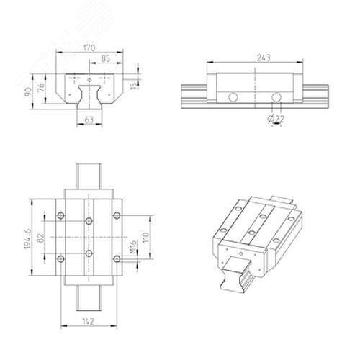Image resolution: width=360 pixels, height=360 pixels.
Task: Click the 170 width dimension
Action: coord(89,48)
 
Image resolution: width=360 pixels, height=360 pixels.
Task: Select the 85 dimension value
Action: coord(106,58)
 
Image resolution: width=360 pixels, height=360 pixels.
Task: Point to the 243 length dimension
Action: coord(264,58)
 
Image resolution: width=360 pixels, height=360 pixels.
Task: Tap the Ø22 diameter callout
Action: coord(276,118)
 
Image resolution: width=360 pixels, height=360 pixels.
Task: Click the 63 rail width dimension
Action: coord(89,120)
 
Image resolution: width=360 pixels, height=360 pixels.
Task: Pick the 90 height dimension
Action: coord(28,92)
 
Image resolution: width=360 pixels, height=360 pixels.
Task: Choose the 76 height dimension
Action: coord(41,87)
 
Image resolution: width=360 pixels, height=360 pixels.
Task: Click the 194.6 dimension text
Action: coord(27,238)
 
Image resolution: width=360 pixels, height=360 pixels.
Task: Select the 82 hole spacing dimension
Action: coord(41,238)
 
